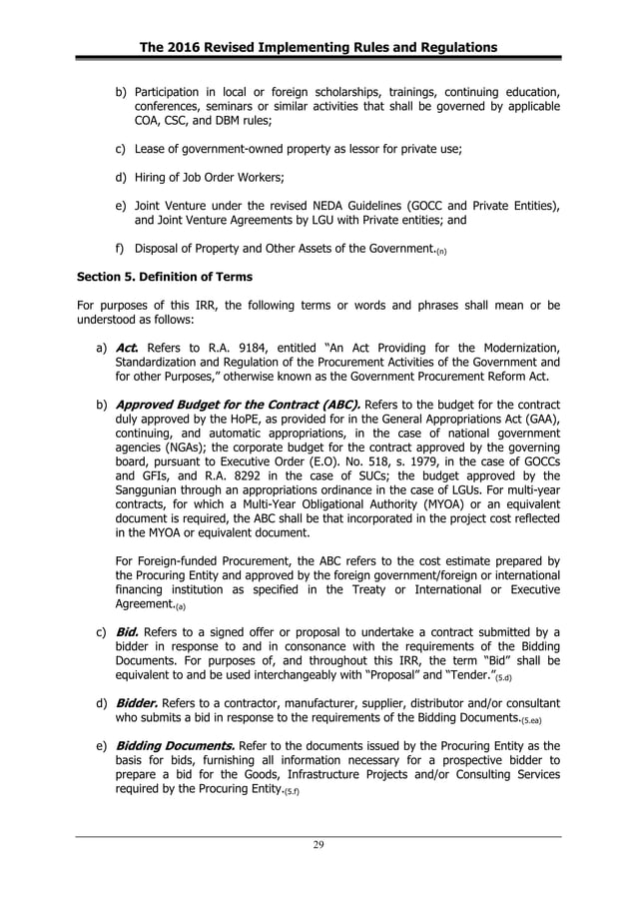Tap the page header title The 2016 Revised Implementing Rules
(318, 47)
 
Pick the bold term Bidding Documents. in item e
(176, 746)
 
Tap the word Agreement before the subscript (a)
(144, 603)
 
